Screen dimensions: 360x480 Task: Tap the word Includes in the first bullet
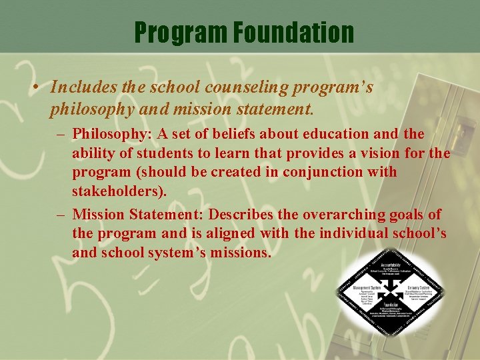click(x=81, y=87)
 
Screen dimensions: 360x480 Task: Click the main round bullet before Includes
click(x=40, y=88)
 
